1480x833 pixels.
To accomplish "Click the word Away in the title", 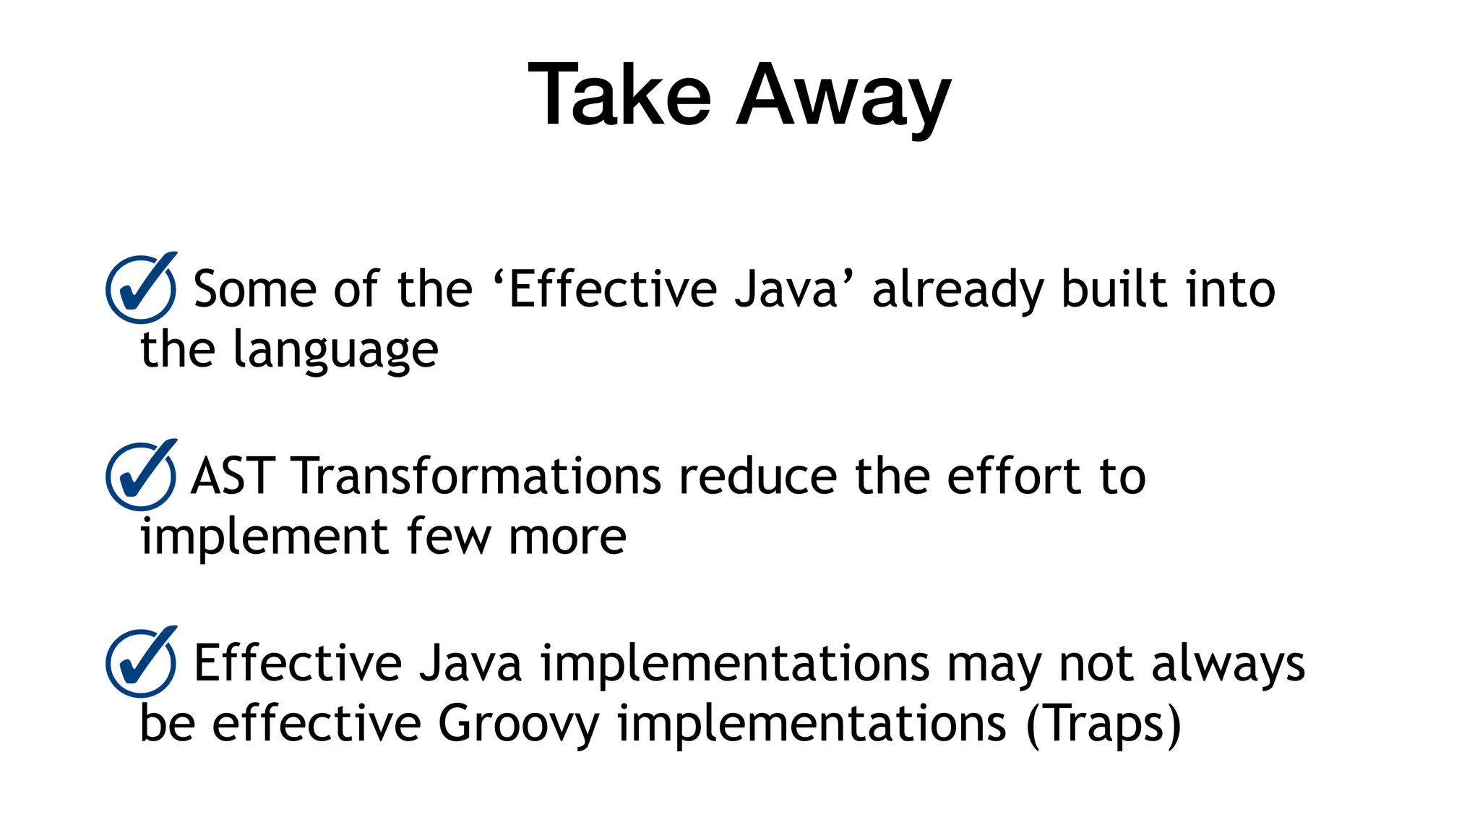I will pyautogui.click(x=843, y=98).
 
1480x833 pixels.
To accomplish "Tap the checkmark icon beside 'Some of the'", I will pyautogui.click(x=141, y=289).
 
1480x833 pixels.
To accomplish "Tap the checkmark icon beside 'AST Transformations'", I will pyautogui.click(x=141, y=476).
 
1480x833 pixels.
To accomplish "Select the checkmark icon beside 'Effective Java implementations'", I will pyautogui.click(x=141, y=662).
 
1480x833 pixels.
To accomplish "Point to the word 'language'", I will pyautogui.click(x=335, y=351).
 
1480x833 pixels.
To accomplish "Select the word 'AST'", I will pyautogui.click(x=232, y=477).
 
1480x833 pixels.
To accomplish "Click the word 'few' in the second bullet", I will pyautogui.click(x=448, y=537).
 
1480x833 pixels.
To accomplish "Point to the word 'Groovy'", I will pyautogui.click(x=518, y=725).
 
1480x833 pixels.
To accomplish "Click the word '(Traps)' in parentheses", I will pyautogui.click(x=1103, y=725).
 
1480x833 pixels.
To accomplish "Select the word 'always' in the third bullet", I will pyautogui.click(x=1228, y=665).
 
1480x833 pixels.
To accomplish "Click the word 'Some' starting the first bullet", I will pyautogui.click(x=254, y=289).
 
